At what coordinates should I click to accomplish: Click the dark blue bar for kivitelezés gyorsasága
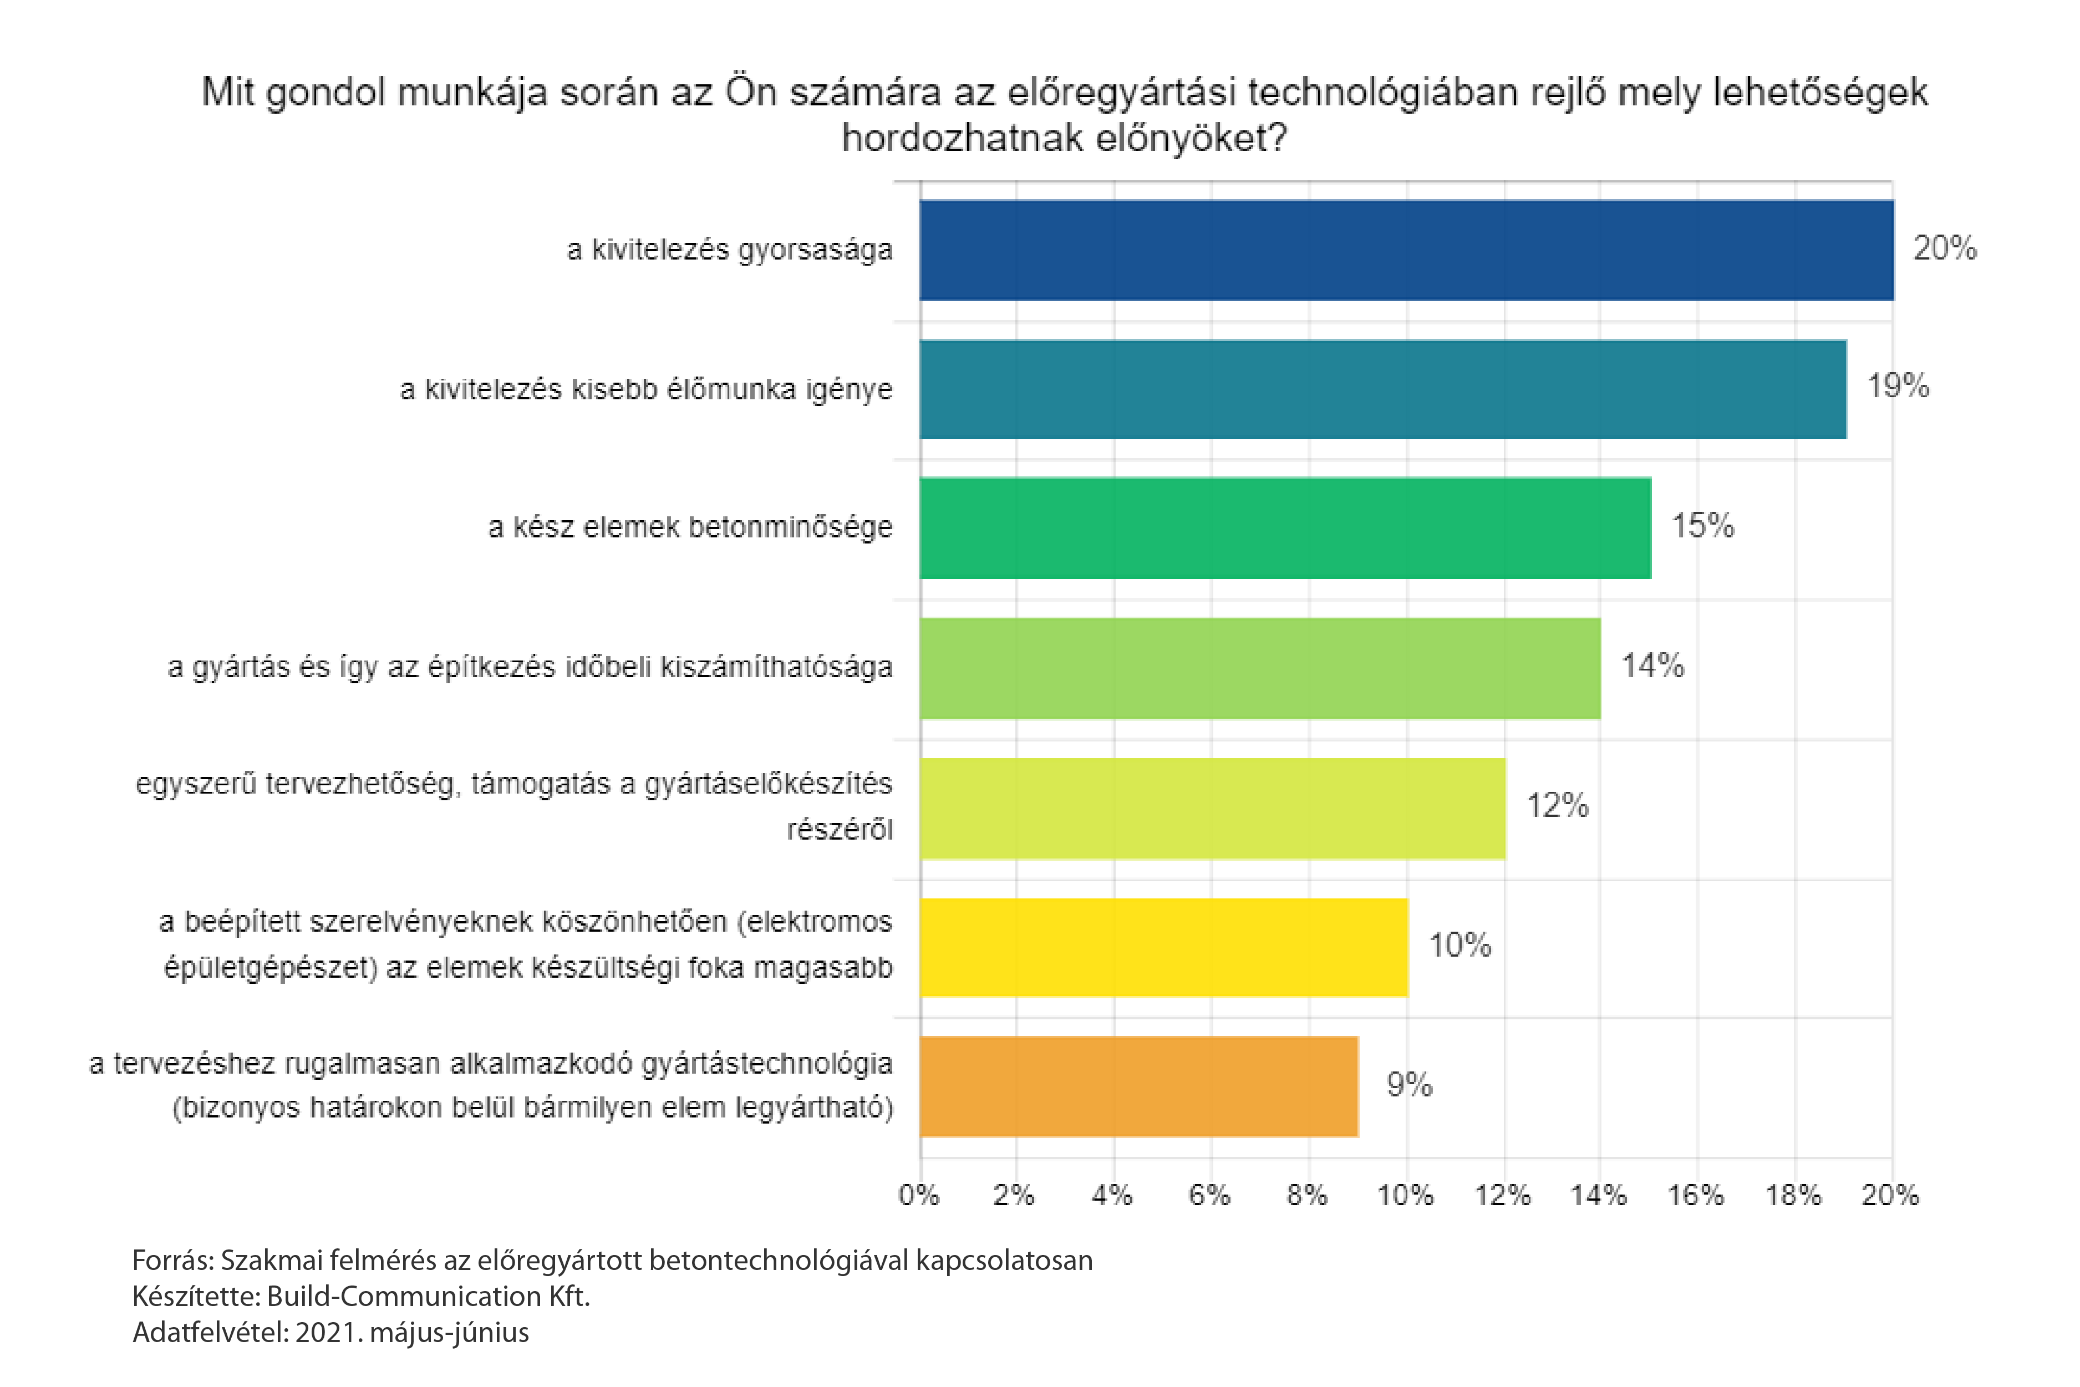(x=1406, y=250)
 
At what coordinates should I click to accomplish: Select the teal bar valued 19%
(x=1382, y=389)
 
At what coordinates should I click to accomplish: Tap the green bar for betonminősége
(x=1285, y=528)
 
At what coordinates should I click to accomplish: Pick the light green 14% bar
(x=1259, y=668)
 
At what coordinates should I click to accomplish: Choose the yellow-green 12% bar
(x=1212, y=807)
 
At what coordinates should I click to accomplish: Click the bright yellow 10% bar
(x=1163, y=947)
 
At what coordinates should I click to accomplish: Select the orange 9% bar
(x=1138, y=1086)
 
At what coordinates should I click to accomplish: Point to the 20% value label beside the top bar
(x=1944, y=248)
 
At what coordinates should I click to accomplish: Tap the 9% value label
(x=1409, y=1085)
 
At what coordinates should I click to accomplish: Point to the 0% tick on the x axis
(x=919, y=1196)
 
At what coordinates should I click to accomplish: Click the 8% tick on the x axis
(x=1306, y=1196)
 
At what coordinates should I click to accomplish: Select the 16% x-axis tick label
(x=1695, y=1196)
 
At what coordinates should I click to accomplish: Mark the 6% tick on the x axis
(x=1209, y=1196)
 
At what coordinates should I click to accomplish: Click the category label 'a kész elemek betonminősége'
(x=690, y=527)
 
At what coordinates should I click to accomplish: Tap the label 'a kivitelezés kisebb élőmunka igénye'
(x=645, y=389)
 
